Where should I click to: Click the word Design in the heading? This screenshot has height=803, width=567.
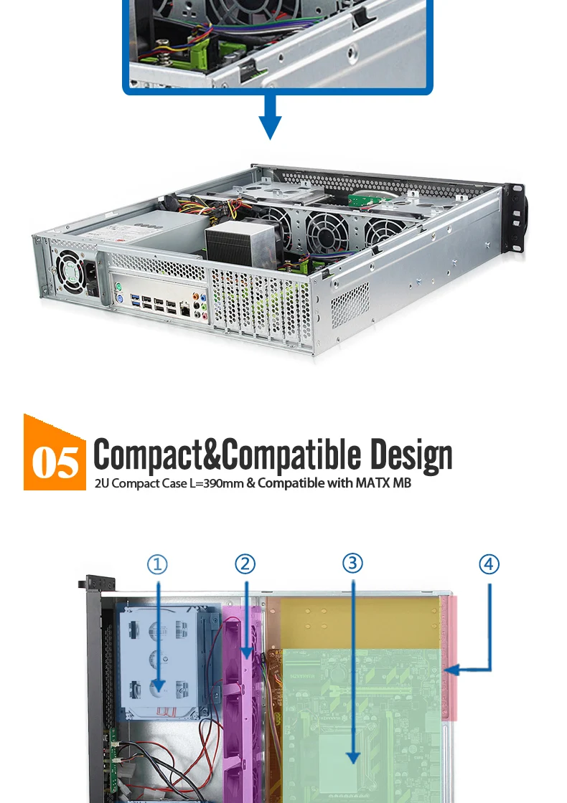coord(411,455)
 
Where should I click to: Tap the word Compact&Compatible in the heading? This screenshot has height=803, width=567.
coord(228,455)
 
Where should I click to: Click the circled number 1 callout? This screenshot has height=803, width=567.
coord(157,564)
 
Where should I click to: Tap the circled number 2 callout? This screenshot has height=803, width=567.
coord(245,564)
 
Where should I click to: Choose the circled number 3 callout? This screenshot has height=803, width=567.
coord(352,564)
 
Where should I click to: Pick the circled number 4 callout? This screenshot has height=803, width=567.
coord(489,564)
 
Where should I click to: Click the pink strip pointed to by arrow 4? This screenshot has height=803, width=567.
coord(450,656)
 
